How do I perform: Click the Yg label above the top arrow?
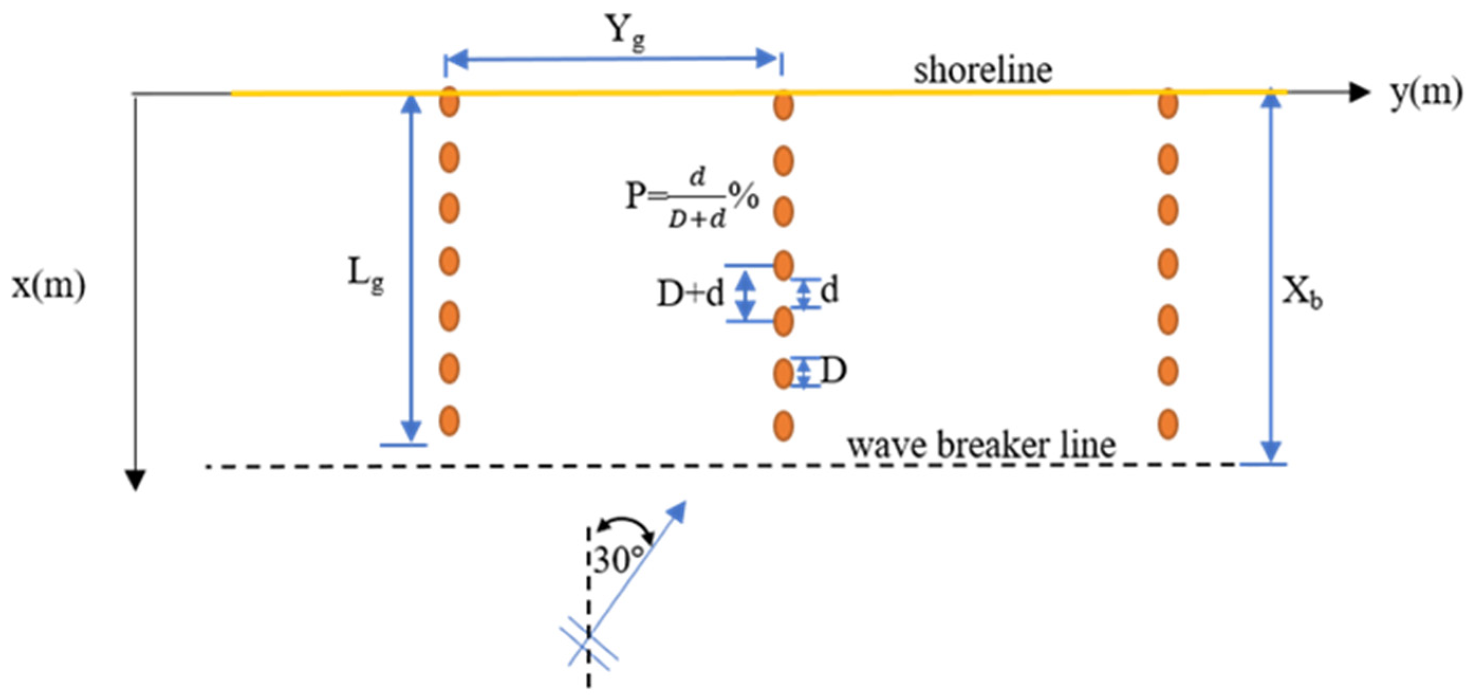pyautogui.click(x=626, y=34)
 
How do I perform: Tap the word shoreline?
pyautogui.click(x=982, y=71)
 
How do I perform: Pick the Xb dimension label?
pyautogui.click(x=1302, y=293)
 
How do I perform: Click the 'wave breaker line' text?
pyautogui.click(x=981, y=445)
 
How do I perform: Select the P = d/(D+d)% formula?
pyautogui.click(x=693, y=198)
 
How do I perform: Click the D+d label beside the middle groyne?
pyautogui.click(x=690, y=294)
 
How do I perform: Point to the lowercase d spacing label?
pyautogui.click(x=829, y=291)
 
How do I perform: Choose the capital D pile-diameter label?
pyautogui.click(x=834, y=371)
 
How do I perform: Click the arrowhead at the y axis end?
pyautogui.click(x=1359, y=92)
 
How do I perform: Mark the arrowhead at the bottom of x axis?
pyautogui.click(x=135, y=479)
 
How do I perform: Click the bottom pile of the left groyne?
pyautogui.click(x=450, y=421)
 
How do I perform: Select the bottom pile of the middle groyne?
pyautogui.click(x=783, y=426)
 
